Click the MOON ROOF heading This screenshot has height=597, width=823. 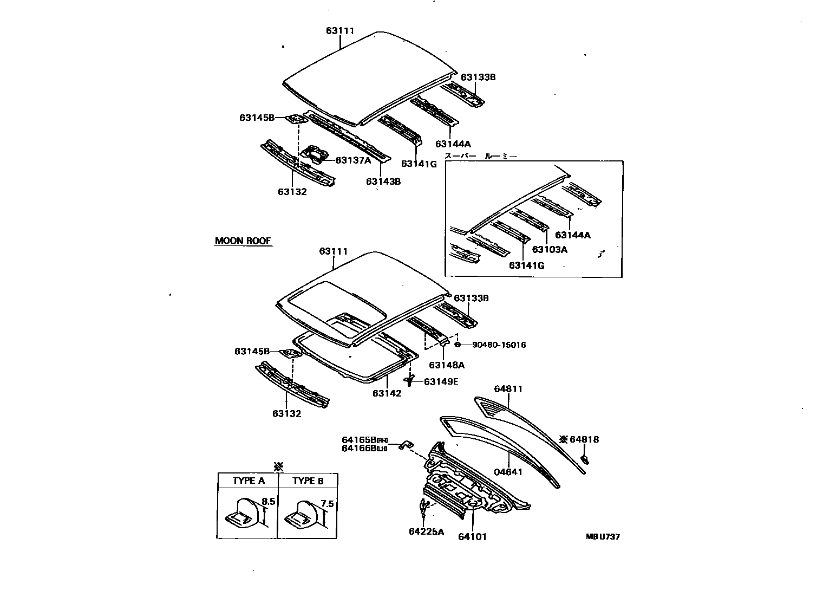click(243, 241)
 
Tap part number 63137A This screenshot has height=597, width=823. click(353, 160)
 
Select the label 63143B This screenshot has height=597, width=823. click(383, 181)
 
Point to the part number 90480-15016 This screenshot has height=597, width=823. click(499, 345)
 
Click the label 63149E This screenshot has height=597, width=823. click(441, 382)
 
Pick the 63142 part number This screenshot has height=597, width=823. click(387, 393)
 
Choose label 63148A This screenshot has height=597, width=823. click(447, 366)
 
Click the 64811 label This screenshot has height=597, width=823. click(508, 389)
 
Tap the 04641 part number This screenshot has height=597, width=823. click(508, 472)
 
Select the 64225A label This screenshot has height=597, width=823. click(426, 532)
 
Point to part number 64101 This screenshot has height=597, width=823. click(472, 537)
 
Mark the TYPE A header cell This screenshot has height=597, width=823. click(249, 481)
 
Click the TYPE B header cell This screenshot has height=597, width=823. click(308, 481)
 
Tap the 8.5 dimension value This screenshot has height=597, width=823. click(269, 502)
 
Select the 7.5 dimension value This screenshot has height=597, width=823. click(327, 504)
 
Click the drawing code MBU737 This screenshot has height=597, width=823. click(602, 537)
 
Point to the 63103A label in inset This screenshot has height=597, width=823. click(550, 250)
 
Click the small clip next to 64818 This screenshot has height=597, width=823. click(585, 460)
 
